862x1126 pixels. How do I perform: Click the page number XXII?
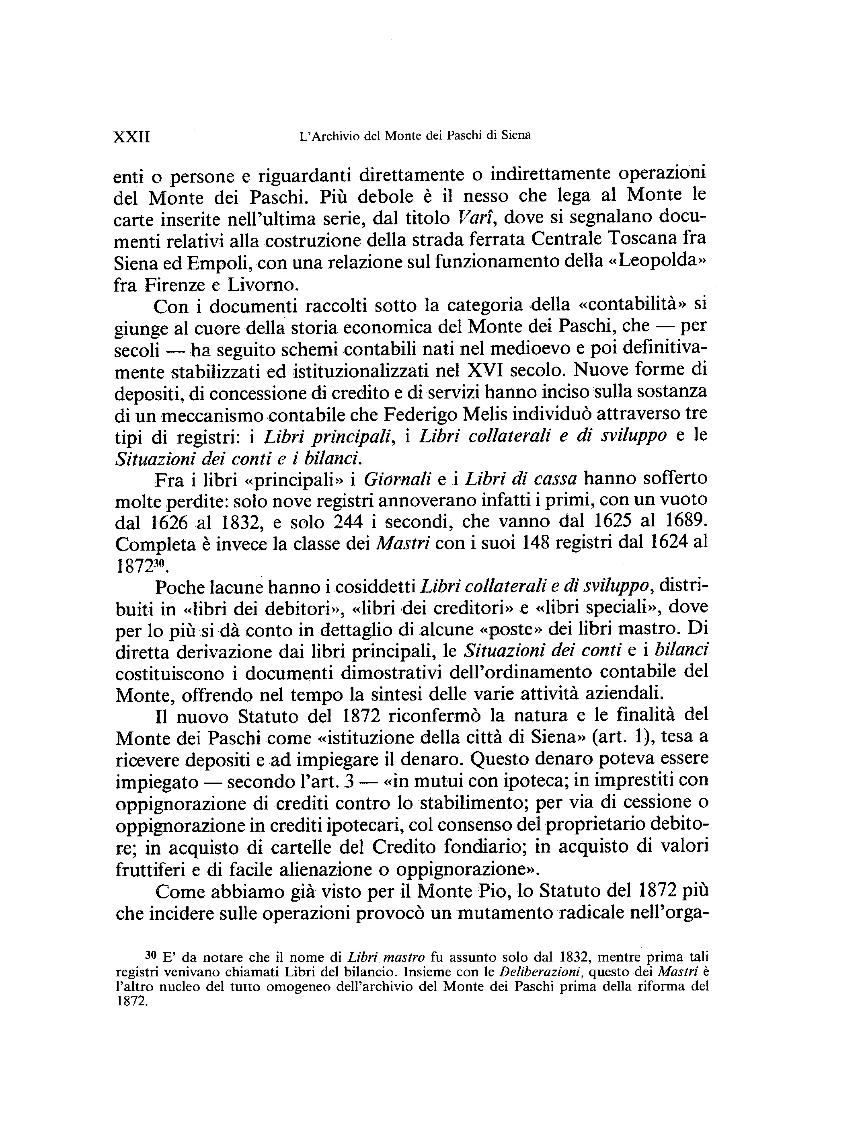(x=131, y=138)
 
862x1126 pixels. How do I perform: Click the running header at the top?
(x=415, y=136)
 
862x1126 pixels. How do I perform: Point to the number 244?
(x=349, y=522)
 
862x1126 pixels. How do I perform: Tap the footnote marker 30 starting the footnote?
(x=150, y=955)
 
